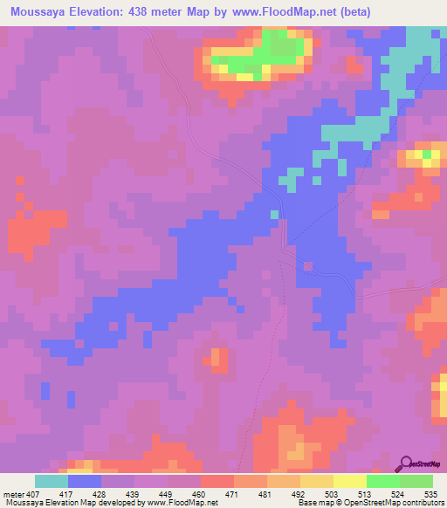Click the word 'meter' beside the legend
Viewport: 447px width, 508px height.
tap(10, 493)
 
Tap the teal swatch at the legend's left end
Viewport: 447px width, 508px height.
tap(52, 481)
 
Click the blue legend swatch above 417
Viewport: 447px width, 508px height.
tap(85, 481)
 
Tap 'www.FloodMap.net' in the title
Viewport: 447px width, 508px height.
tap(291, 12)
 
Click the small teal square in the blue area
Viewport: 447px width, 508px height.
tap(274, 214)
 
